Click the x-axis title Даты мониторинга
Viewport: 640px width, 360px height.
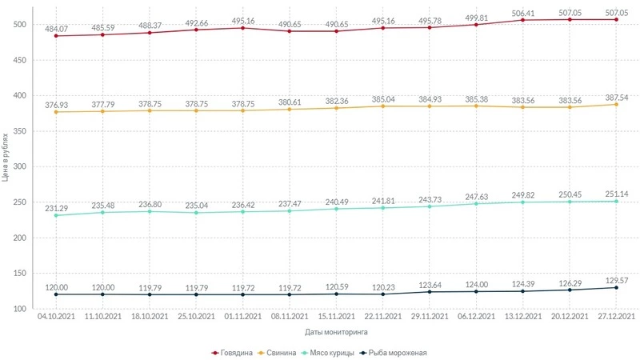(335, 330)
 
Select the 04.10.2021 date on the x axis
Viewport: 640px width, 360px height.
(55, 318)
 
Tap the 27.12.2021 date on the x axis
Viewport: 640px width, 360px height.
(616, 318)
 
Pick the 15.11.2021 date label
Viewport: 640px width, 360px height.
(336, 318)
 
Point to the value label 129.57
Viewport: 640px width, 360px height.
(616, 277)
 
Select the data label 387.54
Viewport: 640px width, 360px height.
(616, 94)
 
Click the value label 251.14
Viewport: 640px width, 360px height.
(616, 192)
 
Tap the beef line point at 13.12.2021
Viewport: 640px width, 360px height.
(522, 20)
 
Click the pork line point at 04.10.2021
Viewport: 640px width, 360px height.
(55, 112)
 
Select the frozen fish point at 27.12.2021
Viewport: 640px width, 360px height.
(616, 288)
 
